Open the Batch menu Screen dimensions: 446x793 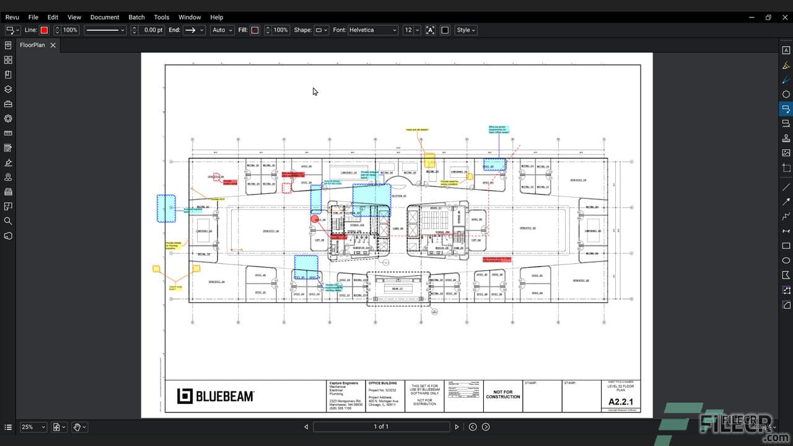pyautogui.click(x=136, y=17)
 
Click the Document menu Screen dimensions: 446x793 pyautogui.click(x=105, y=17)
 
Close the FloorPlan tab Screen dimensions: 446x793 pyautogui.click(x=53, y=45)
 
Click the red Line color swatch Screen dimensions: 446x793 pyautogui.click(x=44, y=30)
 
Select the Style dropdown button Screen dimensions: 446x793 pyautogui.click(x=466, y=30)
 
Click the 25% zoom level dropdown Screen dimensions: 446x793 pyautogui.click(x=33, y=427)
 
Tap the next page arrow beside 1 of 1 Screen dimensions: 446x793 pyautogui.click(x=457, y=427)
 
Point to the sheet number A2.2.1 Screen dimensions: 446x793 pyautogui.click(x=621, y=402)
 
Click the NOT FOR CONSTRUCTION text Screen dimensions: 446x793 pyautogui.click(x=502, y=395)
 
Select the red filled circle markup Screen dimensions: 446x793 pyautogui.click(x=315, y=219)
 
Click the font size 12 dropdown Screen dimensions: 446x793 pyautogui.click(x=411, y=30)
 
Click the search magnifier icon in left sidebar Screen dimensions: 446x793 pyautogui.click(x=8, y=221)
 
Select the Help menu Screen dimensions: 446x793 pyautogui.click(x=216, y=17)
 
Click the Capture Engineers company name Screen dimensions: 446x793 pyautogui.click(x=344, y=383)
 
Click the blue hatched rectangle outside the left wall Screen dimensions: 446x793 pyautogui.click(x=166, y=209)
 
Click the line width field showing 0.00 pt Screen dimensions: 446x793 pyautogui.click(x=152, y=30)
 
